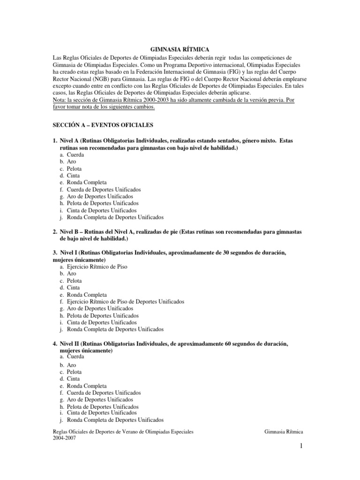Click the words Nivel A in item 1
coord(70,141)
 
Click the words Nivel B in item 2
coord(70,232)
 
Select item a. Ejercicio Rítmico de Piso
coord(97,266)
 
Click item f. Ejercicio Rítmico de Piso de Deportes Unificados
coord(125,301)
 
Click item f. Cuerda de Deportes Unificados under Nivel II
coord(104,393)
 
